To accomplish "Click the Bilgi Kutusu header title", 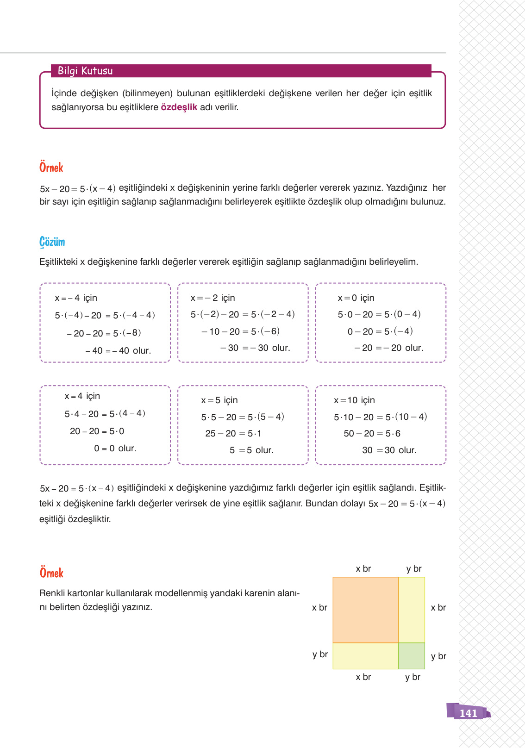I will click(85, 71).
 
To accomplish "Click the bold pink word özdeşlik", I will click(179, 107).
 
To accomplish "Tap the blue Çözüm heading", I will click(52, 242).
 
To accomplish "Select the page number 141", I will click(468, 713).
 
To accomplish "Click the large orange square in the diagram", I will click(365, 610).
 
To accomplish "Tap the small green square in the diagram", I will click(412, 655).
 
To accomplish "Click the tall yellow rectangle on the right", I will click(412, 610).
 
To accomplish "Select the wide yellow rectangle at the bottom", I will click(365, 655).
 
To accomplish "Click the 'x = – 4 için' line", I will click(76, 298).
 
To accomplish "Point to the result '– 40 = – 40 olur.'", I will click(118, 351).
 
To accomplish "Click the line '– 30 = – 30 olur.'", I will click(255, 348).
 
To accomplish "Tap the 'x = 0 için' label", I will click(356, 298).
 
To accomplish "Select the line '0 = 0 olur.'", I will click(115, 449).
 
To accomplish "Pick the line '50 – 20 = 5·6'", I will click(372, 434).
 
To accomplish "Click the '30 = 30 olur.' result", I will click(389, 450).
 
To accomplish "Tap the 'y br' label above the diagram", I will click(414, 569).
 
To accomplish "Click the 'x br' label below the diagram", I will click(363, 677).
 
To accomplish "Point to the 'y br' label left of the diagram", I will click(320, 654).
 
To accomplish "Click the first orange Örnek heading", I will click(51, 168).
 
